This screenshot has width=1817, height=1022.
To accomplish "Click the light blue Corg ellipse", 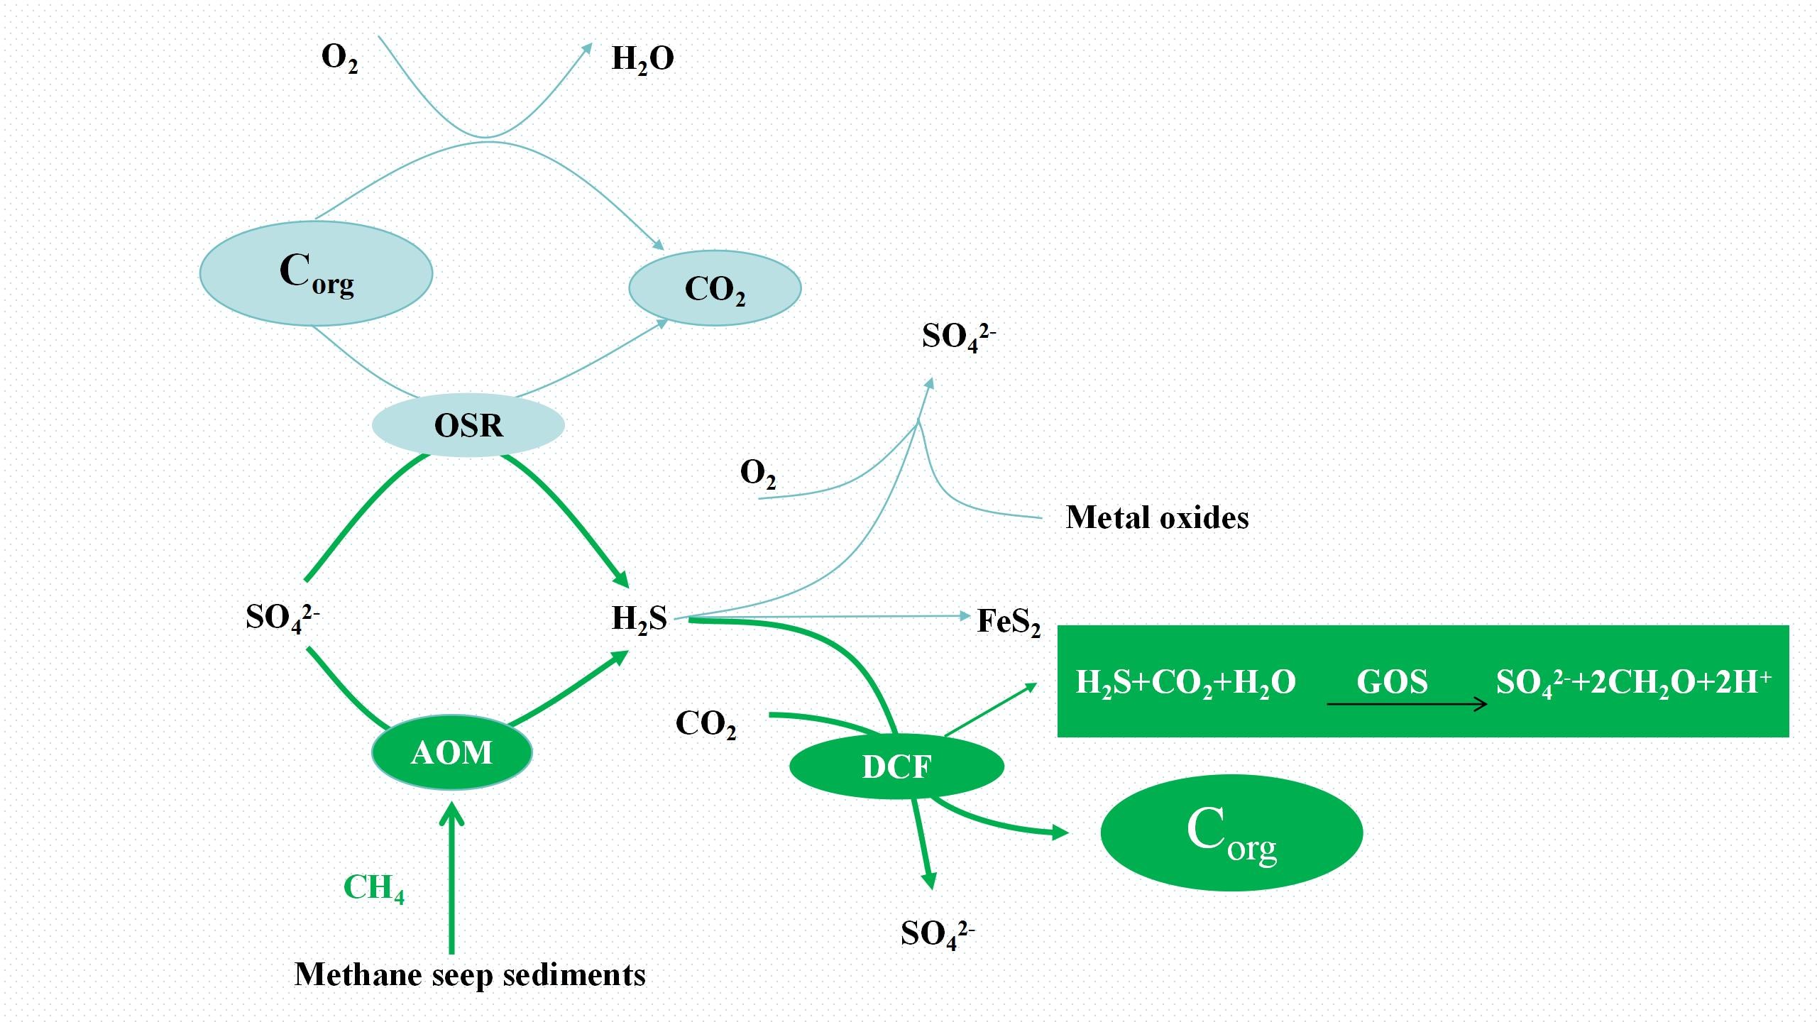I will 316,273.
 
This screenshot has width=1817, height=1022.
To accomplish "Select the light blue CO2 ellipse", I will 715,288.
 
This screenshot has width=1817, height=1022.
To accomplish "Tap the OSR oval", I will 468,425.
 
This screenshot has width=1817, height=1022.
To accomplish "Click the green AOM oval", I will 452,752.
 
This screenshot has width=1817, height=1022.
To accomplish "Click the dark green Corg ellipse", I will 1231,833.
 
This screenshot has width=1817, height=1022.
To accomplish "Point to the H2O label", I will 642,58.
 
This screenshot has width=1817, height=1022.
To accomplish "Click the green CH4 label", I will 373,888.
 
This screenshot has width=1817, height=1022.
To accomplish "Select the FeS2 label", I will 1009,621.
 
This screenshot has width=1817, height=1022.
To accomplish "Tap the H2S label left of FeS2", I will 639,618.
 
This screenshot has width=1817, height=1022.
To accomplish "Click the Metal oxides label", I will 1157,517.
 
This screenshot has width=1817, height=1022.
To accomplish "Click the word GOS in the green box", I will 1392,681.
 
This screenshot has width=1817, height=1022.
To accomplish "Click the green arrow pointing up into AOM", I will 451,880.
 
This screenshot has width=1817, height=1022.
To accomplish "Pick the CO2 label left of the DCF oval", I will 706,724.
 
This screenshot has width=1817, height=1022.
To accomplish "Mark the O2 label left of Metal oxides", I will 757,473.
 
